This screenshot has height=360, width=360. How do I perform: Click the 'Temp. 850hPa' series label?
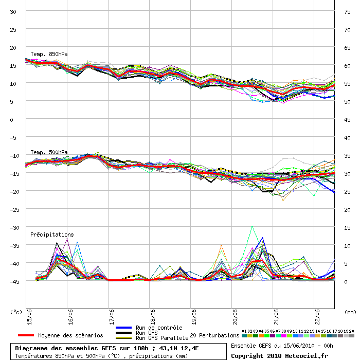(49, 54)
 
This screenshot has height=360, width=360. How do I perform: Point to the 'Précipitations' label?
(52, 235)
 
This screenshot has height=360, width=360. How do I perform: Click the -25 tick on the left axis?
(14, 209)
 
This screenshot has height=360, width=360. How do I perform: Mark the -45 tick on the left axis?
(14, 281)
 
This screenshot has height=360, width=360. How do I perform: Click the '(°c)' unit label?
(16, 312)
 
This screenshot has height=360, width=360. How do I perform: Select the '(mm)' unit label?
(350, 312)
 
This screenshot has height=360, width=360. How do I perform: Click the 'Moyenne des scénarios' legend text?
(70, 335)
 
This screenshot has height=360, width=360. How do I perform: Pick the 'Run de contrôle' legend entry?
(159, 328)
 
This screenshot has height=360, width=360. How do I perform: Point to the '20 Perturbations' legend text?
(214, 335)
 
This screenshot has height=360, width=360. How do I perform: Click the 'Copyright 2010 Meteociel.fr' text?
(279, 355)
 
